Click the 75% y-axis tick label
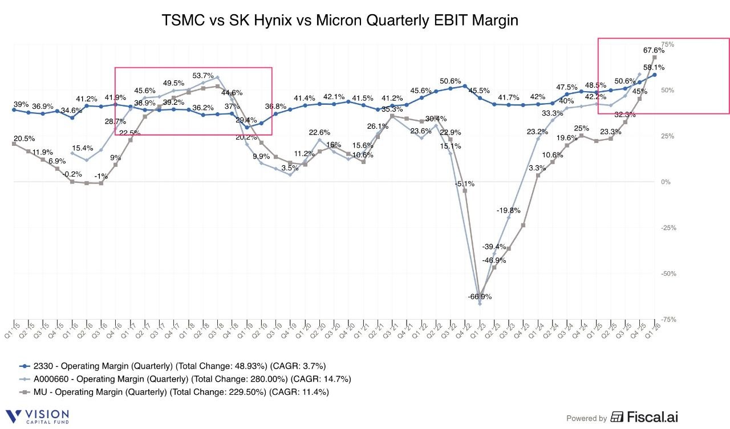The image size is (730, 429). (667, 44)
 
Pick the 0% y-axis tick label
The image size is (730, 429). (665, 182)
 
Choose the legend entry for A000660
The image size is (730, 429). (185, 379)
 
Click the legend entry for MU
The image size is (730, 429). (173, 392)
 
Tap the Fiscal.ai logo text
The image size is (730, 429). (644, 418)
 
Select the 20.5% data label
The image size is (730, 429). (25, 138)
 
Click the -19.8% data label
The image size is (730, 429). (508, 210)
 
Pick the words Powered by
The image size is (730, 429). (586, 418)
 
